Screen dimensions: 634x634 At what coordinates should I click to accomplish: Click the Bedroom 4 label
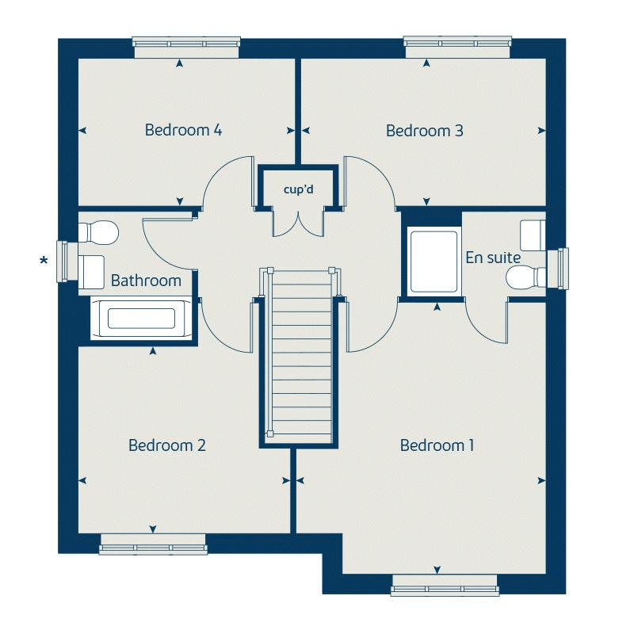[x=183, y=130]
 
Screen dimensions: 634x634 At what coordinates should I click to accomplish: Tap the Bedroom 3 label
[x=425, y=131]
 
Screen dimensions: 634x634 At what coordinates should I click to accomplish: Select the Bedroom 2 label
[x=167, y=445]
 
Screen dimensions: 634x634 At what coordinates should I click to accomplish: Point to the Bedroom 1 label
[x=437, y=445]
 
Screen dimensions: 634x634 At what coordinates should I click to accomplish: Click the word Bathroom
[x=146, y=281]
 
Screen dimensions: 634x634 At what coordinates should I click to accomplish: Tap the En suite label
[x=493, y=258]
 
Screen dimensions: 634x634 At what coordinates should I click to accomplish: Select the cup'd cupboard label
[x=299, y=189]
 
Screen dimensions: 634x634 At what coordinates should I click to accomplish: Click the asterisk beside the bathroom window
[x=44, y=261]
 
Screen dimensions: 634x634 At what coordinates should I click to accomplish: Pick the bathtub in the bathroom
[x=141, y=319]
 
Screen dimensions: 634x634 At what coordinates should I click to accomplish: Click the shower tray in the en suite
[x=433, y=262]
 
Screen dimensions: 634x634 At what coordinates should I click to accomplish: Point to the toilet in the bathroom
[x=98, y=232]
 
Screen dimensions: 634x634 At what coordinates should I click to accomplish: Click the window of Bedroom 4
[x=186, y=47]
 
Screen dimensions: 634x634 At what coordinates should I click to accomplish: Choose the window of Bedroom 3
[x=458, y=47]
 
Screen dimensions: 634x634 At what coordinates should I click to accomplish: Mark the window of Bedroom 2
[x=153, y=544]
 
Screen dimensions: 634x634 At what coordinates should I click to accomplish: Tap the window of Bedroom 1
[x=445, y=585]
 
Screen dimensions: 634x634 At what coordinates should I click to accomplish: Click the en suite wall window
[x=558, y=269]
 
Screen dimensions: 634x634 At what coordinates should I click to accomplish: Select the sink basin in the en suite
[x=533, y=235]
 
